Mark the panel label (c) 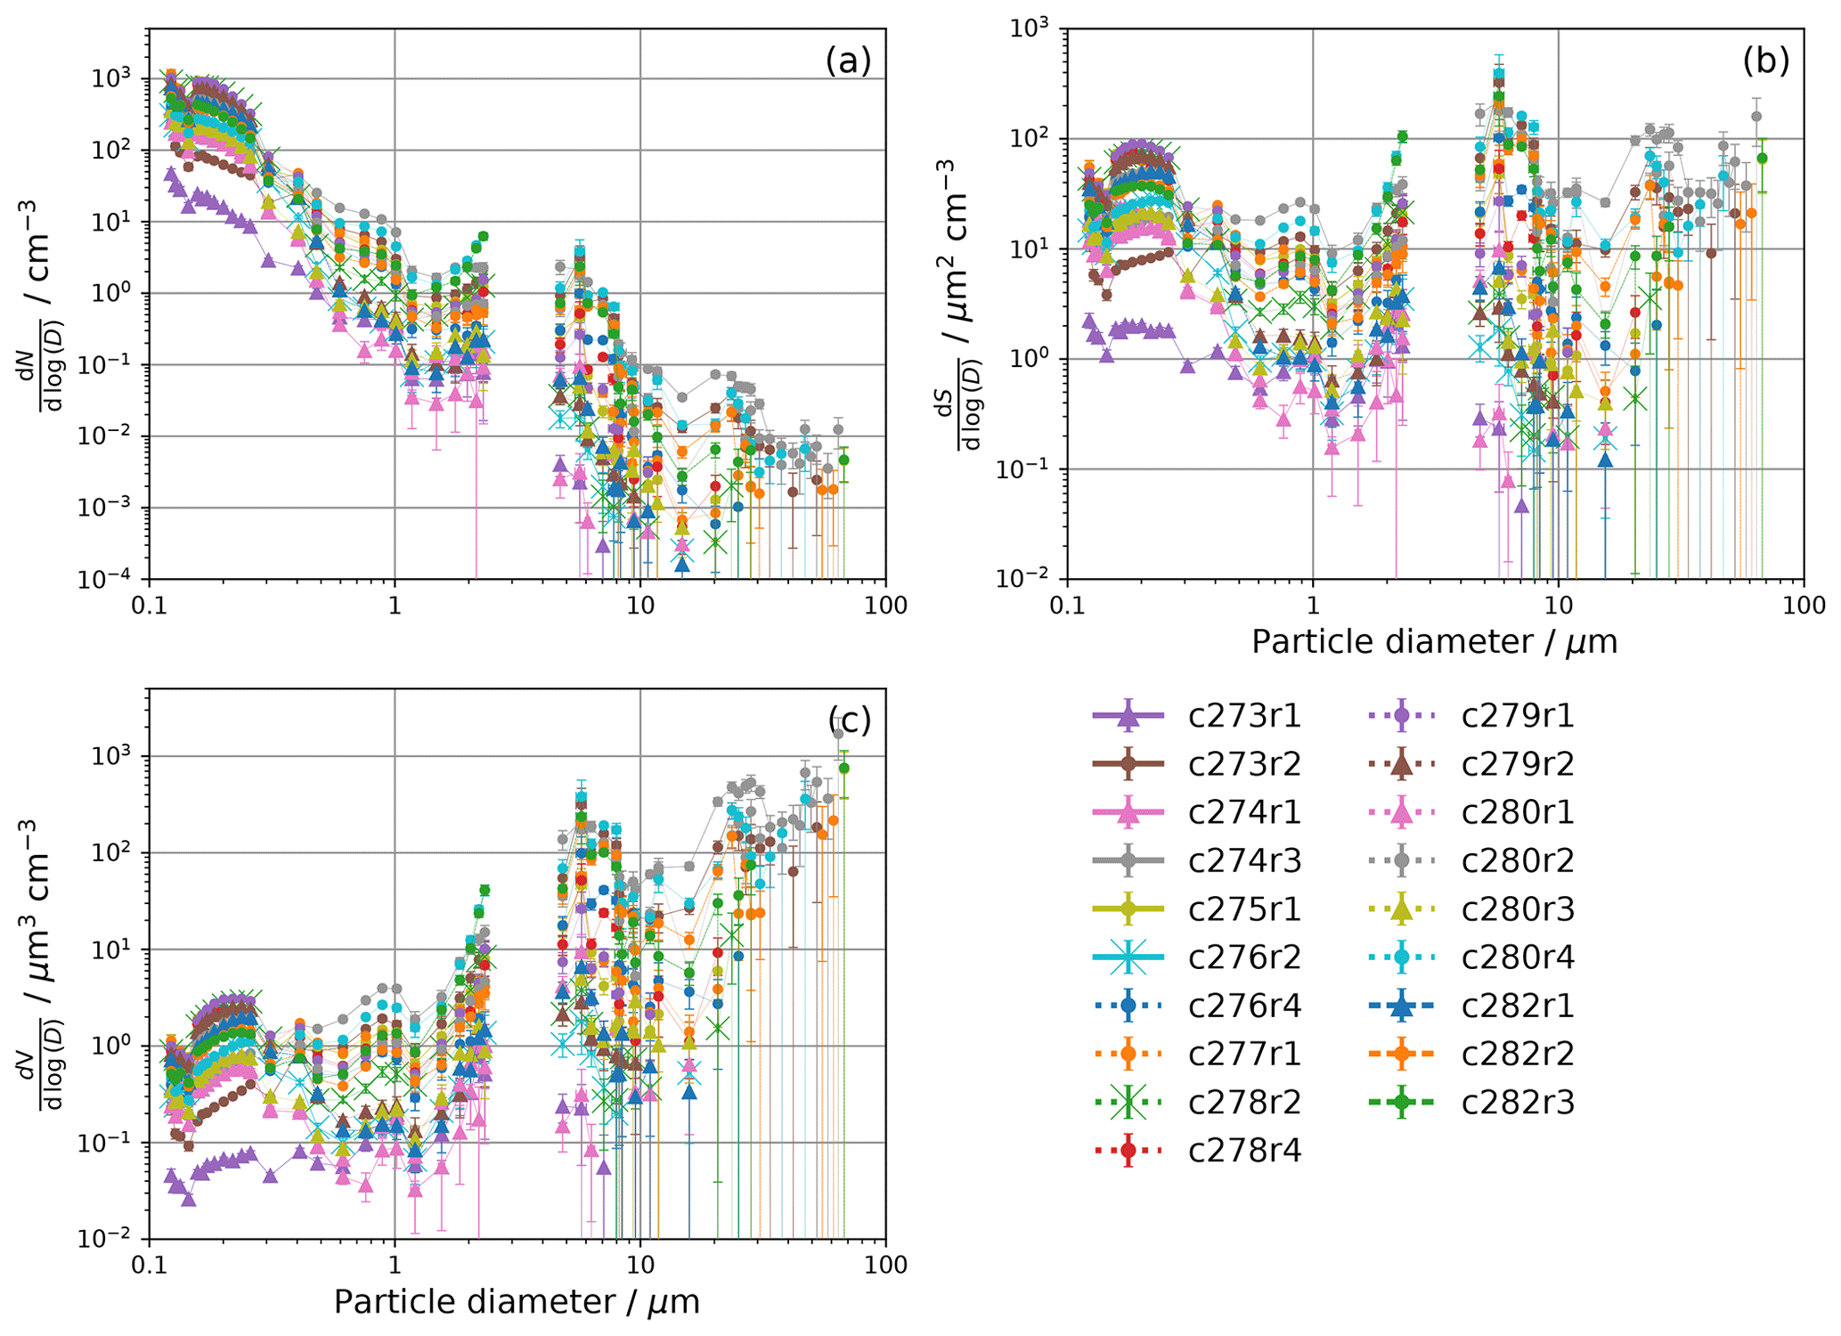coord(849,720)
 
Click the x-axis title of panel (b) coord(1434,641)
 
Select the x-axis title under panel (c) coord(517,1301)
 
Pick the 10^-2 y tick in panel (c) coord(113,1240)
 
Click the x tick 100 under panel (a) coord(884,607)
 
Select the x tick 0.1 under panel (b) coord(1067,607)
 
